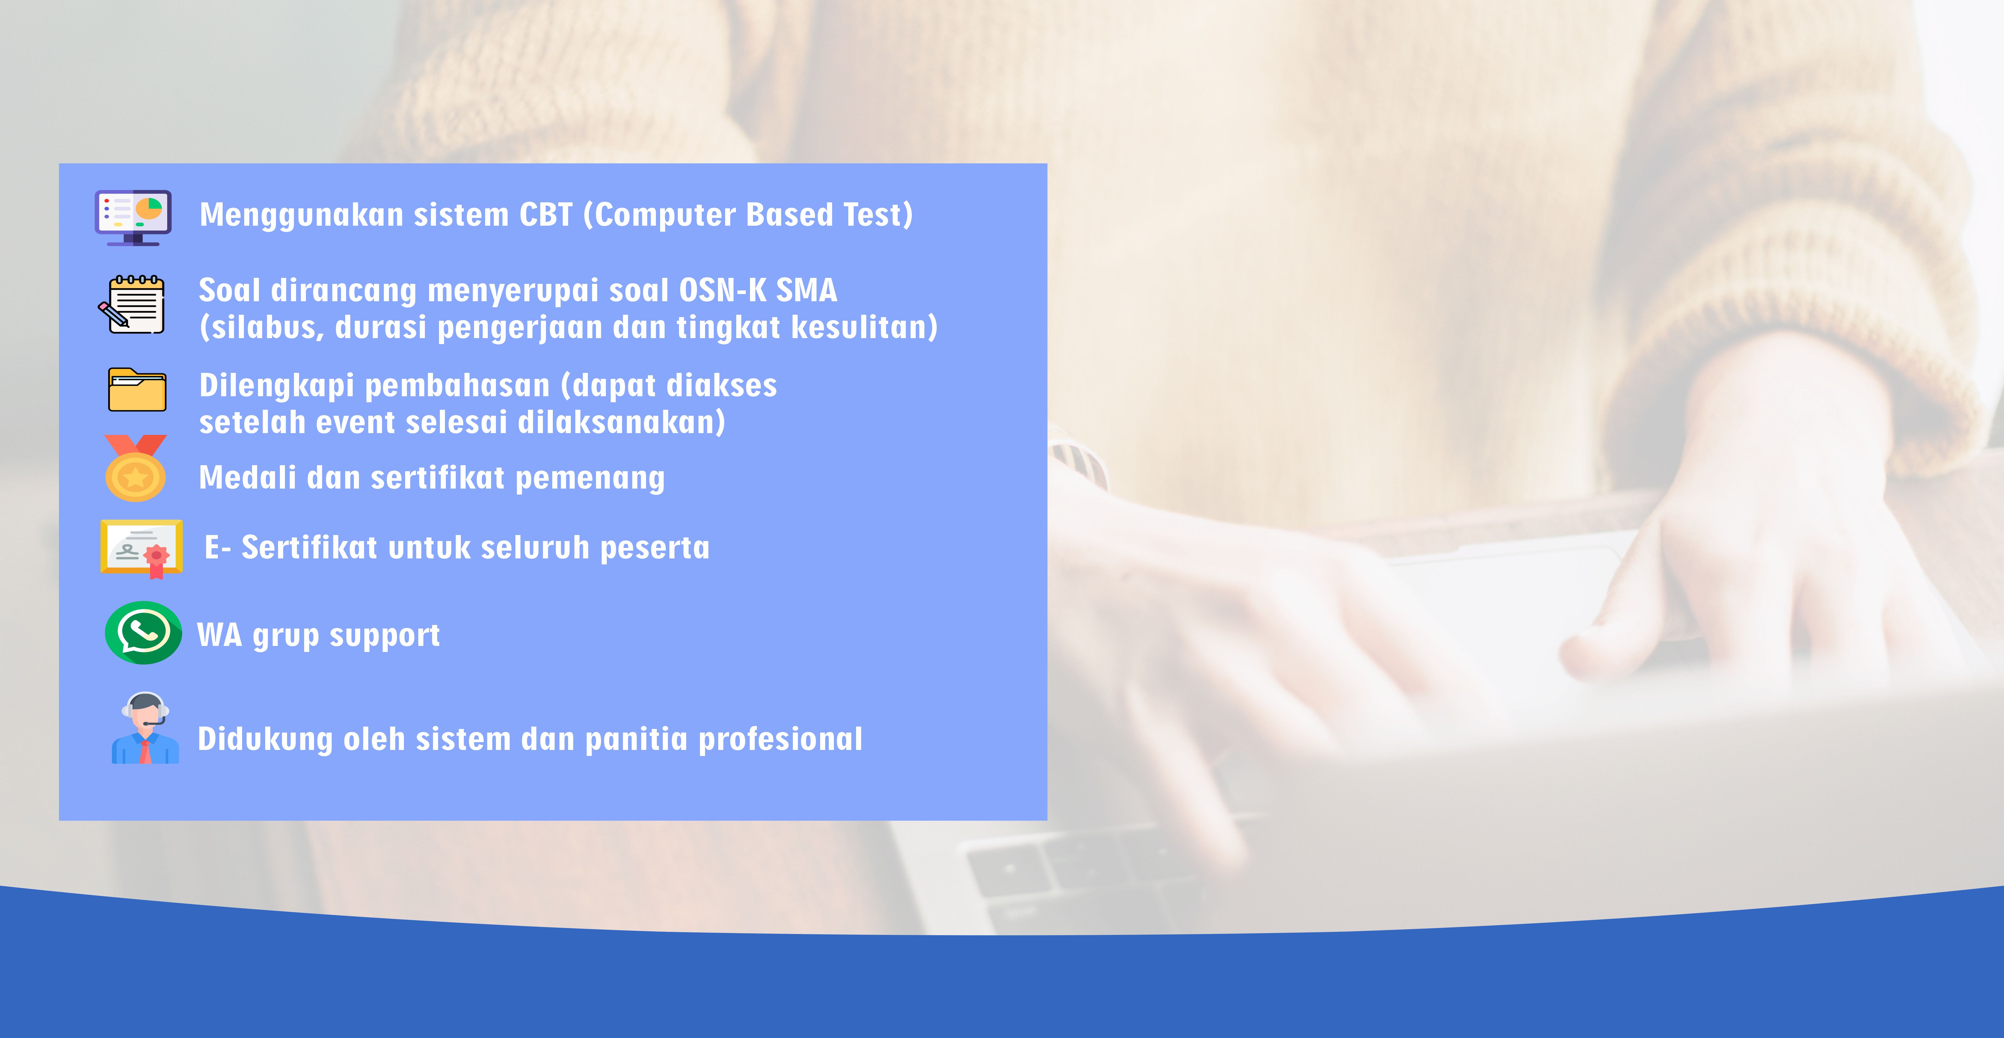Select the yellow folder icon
click(x=137, y=389)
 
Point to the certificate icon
click(x=142, y=549)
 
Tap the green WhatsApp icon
click(x=143, y=633)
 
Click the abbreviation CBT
click(x=546, y=215)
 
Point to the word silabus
click(x=265, y=328)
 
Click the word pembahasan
click(x=458, y=386)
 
